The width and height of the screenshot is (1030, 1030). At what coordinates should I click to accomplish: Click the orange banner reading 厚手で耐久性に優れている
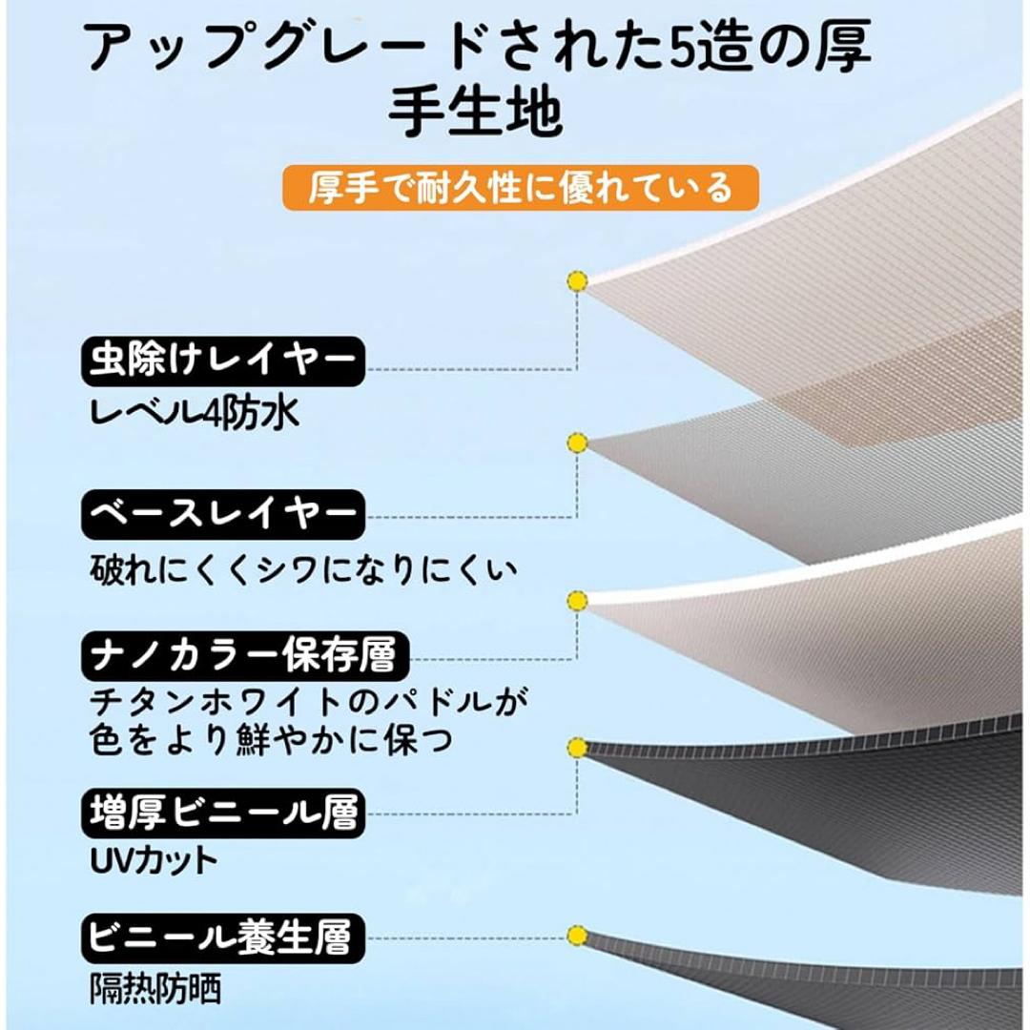pos(521,188)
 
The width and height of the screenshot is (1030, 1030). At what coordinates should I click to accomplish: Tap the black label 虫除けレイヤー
pos(222,361)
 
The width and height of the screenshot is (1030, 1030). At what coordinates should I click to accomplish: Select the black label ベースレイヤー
pos(222,514)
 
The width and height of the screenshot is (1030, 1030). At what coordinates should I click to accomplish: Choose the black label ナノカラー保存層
pos(245,655)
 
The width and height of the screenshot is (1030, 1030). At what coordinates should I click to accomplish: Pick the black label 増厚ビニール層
pos(222,814)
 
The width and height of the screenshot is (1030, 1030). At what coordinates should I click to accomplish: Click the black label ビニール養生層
pos(222,938)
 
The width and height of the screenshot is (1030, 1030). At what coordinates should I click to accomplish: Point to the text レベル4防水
pos(195,414)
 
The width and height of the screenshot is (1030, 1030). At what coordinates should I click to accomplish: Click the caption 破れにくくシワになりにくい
pos(303,568)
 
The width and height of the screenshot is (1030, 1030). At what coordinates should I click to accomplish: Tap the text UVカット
pos(154,860)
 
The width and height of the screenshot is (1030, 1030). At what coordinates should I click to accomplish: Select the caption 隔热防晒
pos(155,988)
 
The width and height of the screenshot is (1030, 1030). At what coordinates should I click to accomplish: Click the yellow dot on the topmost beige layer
pos(577,281)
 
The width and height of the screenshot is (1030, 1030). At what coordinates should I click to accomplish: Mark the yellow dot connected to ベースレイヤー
pos(577,443)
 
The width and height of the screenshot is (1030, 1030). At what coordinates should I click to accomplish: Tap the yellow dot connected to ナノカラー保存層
pos(577,601)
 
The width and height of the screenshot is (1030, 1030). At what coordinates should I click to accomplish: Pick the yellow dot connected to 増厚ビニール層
pos(577,748)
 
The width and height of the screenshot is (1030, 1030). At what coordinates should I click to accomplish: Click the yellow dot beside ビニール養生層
pos(577,936)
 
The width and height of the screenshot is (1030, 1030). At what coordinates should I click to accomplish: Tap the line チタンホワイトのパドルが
pos(309,703)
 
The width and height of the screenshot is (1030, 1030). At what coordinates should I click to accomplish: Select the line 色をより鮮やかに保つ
pos(271,740)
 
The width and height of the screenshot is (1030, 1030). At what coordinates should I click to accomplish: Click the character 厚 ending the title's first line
pos(843,46)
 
